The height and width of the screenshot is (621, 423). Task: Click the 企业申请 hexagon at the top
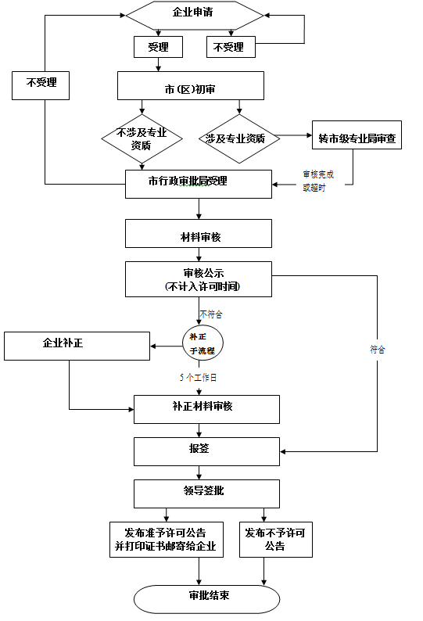195,16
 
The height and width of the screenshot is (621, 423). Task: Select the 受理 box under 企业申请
159,47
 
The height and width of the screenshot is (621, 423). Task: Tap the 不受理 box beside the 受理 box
231,47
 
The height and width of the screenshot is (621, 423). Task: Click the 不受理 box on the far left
41,85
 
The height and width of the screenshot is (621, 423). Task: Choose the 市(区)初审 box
191,85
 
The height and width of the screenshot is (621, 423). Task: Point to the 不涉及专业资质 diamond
142,138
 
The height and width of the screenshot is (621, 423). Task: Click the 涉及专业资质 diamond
239,138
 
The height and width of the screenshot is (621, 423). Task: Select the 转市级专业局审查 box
357,135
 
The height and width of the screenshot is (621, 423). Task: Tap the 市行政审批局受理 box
199,184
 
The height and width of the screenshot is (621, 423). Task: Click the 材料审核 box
199,234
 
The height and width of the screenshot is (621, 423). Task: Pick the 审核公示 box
199,279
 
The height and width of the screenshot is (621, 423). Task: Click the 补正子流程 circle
203,343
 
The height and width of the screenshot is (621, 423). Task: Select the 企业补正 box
77,346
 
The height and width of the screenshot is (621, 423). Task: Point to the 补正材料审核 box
206,410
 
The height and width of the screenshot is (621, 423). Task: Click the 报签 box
206,451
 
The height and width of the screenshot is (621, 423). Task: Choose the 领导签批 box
206,494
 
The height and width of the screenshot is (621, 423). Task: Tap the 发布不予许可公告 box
276,540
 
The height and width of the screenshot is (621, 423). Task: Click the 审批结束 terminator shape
206,599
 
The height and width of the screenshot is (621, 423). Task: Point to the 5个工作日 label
198,378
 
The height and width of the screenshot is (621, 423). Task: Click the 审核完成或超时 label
318,181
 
